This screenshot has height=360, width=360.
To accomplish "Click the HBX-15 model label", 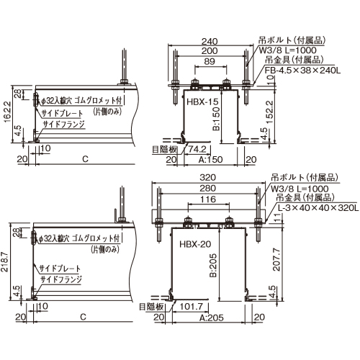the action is click(x=202, y=102).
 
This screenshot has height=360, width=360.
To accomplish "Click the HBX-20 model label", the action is click(x=195, y=244).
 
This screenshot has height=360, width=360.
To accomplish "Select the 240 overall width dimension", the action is click(x=210, y=42).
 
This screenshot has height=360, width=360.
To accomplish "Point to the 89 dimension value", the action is click(x=210, y=61).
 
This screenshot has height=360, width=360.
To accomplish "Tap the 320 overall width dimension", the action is click(x=208, y=177).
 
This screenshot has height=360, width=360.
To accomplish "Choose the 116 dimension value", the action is click(x=208, y=199).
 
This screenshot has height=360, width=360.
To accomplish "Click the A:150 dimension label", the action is click(x=210, y=159).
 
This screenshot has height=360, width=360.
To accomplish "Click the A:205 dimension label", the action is click(x=212, y=318).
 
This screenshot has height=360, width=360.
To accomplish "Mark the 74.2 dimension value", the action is click(x=197, y=149).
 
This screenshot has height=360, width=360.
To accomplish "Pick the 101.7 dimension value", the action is click(x=192, y=307).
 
